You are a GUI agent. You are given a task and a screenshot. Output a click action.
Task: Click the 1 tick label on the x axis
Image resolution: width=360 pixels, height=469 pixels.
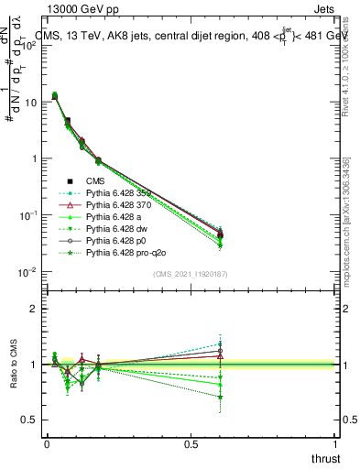(336, 443)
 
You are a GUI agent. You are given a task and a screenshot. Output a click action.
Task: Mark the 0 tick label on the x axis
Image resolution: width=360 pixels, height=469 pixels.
(47, 443)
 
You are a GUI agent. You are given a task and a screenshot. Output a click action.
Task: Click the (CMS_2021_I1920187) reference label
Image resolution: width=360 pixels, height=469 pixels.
(190, 273)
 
